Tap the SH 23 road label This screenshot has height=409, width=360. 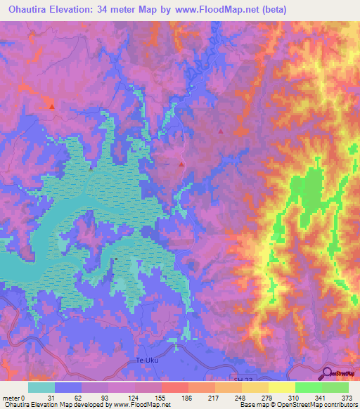coord(242,379)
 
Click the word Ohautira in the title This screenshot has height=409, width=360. coord(27,8)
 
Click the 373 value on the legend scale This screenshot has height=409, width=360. coord(347,398)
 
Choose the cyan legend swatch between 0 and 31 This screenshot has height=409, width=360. coord(41,387)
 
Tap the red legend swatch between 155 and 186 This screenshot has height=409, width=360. coord(175,387)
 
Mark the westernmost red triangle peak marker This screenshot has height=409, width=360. coord(52,107)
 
